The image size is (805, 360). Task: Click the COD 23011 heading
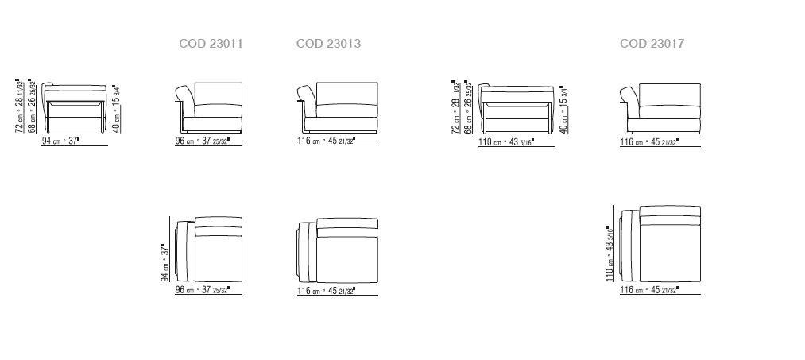(211, 44)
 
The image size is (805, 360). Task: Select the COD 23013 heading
(328, 44)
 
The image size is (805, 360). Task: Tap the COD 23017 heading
(652, 44)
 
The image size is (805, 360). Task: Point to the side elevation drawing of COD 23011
(208, 106)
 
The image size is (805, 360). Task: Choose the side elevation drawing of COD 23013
(336, 106)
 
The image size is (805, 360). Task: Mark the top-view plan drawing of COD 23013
(336, 251)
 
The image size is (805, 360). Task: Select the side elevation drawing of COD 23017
(660, 106)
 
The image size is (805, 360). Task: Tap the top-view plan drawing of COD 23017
(660, 246)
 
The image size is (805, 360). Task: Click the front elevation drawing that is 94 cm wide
(75, 106)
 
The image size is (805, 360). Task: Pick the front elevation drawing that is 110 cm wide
(517, 106)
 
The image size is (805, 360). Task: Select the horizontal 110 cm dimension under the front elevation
(505, 142)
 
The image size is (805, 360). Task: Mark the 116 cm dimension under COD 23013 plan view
(326, 292)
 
